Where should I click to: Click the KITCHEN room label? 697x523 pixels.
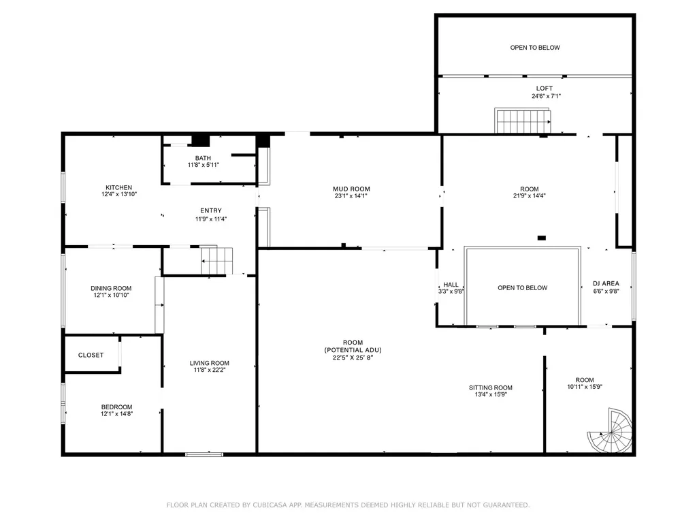point(118,188)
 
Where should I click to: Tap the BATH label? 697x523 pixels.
point(203,158)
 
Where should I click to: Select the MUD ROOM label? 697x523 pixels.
point(352,189)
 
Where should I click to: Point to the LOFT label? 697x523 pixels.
point(545,89)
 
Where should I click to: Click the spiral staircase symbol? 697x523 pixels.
point(610,430)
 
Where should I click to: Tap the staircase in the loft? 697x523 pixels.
point(523,121)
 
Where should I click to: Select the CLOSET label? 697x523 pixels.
point(91,355)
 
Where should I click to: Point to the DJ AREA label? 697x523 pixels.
point(606,283)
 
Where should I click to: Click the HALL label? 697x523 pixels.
point(451,285)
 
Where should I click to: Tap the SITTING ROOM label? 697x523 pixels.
point(491,387)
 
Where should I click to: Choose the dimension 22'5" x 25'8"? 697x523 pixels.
point(353,357)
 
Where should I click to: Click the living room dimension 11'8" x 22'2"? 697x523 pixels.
point(210,370)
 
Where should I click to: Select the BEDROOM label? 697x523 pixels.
point(116,407)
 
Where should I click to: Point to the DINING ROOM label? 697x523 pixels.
point(111,288)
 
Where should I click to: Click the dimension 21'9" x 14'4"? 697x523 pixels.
point(530,195)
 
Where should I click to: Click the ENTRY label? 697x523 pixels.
point(211,211)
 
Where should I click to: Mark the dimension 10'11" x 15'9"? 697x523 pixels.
point(585,387)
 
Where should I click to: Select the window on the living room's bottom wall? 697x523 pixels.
point(204,454)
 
